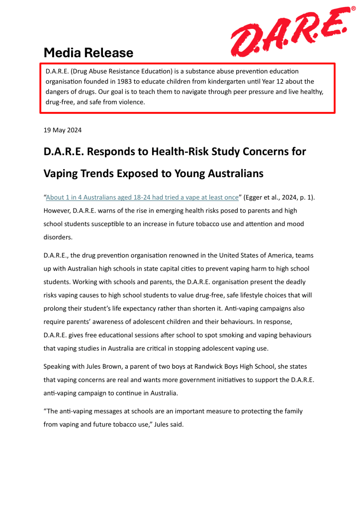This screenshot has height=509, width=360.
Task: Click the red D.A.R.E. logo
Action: (x=288, y=31)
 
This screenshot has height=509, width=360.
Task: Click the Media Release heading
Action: (x=89, y=52)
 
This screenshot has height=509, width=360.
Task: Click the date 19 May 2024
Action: (x=63, y=130)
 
